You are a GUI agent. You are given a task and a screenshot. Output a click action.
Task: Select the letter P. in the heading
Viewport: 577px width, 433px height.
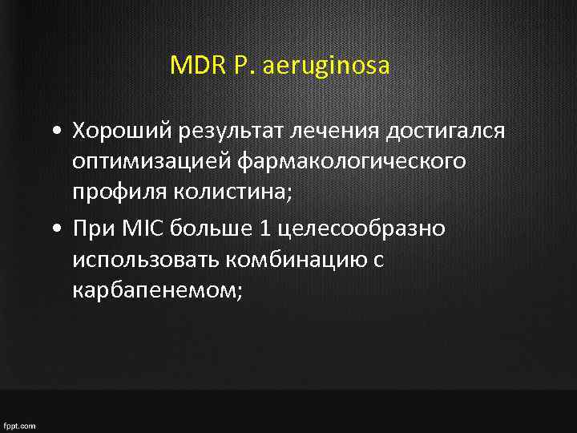click(241, 65)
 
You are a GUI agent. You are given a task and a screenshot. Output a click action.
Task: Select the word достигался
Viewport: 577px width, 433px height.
click(447, 131)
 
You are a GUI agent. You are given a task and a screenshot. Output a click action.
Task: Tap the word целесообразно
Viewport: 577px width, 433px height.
click(360, 229)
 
